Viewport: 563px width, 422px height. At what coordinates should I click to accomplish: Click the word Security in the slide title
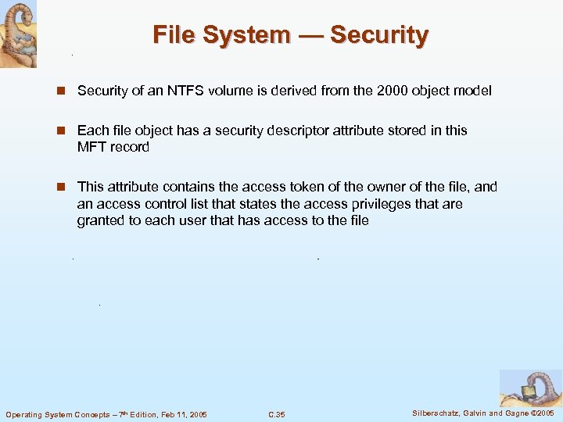379,35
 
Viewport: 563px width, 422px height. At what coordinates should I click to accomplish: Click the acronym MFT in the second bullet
91,147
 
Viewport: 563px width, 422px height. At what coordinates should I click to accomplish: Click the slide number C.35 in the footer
276,413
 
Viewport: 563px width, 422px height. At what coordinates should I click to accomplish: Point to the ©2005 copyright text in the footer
540,413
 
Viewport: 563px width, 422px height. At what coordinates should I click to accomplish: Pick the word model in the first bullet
474,91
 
